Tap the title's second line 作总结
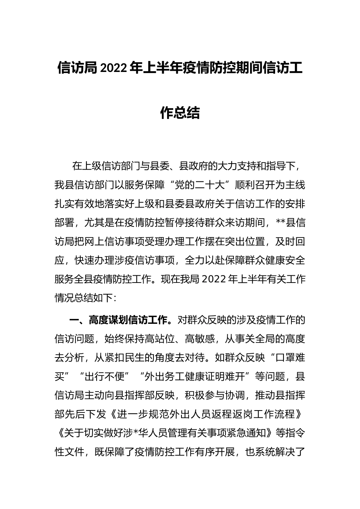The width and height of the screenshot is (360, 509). (180, 112)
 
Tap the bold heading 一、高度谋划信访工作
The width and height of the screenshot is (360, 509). (118, 320)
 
